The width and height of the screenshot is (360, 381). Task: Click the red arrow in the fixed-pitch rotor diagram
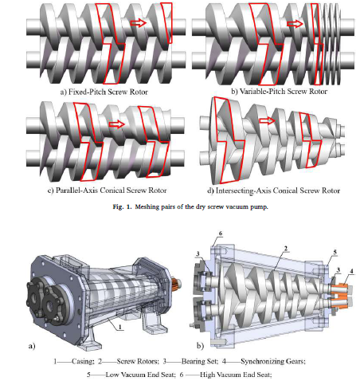[x=138, y=23]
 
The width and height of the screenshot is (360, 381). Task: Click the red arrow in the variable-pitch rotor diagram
[x=295, y=24]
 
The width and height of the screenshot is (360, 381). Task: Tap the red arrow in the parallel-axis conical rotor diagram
[x=117, y=124]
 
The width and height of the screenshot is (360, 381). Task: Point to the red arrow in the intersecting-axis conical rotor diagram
[x=267, y=121]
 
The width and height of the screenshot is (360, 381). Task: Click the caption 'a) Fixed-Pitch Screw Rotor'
[x=104, y=92]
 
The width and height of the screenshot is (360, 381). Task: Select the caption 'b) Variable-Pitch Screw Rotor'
[x=279, y=92]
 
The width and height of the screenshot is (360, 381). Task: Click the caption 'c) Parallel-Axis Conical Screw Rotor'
[x=108, y=190]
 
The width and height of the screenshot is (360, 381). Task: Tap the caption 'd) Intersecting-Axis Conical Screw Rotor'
[x=273, y=190]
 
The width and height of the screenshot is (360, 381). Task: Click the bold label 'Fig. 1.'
[x=122, y=206]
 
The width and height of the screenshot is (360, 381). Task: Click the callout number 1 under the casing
[x=120, y=327]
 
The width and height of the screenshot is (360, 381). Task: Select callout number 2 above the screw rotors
[x=286, y=249]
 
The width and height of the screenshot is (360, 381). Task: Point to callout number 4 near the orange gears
[x=352, y=271]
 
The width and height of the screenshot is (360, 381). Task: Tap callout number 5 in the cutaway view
[x=335, y=252]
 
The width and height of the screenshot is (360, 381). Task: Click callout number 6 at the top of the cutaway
[x=221, y=234]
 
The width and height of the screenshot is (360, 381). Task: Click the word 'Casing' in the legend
[x=83, y=361]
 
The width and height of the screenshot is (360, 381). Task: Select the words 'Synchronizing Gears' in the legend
[x=272, y=361]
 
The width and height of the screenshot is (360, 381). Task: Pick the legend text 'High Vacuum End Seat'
[x=236, y=375]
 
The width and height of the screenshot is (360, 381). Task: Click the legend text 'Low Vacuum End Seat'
[x=140, y=375]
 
